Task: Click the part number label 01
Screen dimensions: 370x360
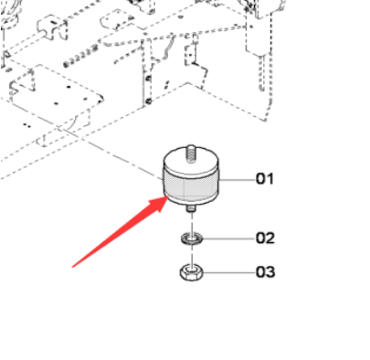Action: pos(264,178)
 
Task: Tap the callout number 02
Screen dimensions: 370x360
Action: pos(265,238)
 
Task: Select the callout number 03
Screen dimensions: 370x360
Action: pos(265,271)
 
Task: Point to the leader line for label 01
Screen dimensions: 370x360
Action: pos(237,180)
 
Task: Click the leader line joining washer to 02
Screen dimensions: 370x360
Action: pos(228,238)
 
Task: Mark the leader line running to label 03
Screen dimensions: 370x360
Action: pos(228,272)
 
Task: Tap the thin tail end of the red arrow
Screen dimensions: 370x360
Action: pos(72,267)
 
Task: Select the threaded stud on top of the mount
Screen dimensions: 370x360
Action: pos(191,154)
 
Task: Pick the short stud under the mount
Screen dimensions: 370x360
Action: pos(191,208)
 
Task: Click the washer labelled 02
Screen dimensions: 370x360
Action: pos(192,238)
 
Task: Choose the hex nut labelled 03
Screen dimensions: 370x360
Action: pos(191,272)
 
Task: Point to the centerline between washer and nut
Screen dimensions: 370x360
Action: pos(192,255)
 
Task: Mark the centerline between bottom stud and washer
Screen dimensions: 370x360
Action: pos(192,223)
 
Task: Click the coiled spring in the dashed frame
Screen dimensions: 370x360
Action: pos(80,57)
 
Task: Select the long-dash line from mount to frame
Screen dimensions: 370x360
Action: pos(111,154)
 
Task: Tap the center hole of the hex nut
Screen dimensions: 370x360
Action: pos(191,270)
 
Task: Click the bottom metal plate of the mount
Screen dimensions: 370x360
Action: pos(191,200)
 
